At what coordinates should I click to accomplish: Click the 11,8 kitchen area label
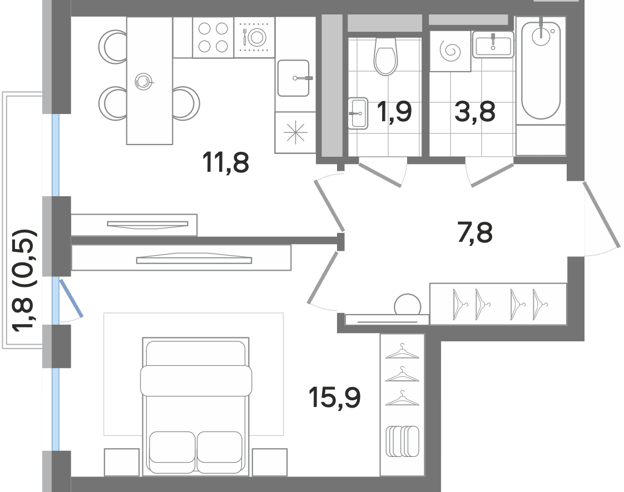pos(226,163)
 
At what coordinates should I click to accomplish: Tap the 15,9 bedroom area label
pos(335,397)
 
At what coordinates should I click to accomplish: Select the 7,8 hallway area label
pos(475,233)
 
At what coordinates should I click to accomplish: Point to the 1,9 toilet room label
pos(394,112)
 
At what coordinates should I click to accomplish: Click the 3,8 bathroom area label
pos(475,111)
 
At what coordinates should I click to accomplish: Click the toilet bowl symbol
pos(385,57)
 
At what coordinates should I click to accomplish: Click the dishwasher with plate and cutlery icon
pos(255,37)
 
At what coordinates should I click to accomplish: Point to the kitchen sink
pos(293,78)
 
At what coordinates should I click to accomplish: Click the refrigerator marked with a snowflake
pos(295,132)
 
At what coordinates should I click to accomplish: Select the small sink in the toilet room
pos(358,113)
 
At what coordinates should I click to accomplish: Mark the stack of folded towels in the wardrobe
pos(402,441)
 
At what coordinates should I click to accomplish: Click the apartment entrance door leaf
pos(602,215)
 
